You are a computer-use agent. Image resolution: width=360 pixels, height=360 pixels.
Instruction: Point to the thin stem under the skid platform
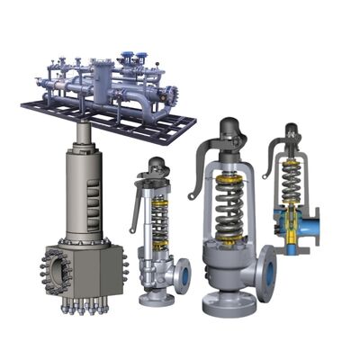(83, 135)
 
